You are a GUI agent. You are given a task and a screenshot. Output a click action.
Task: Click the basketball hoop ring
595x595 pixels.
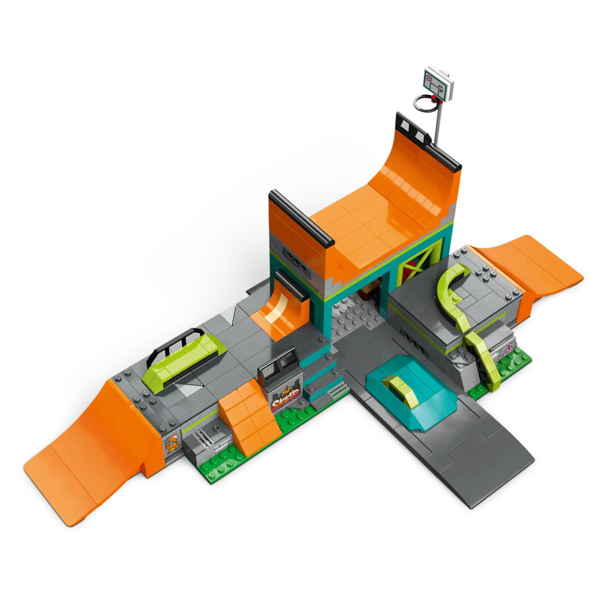pyautogui.click(x=425, y=102)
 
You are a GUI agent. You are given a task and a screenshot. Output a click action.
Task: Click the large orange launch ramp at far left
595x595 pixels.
pyautogui.click(x=89, y=452)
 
